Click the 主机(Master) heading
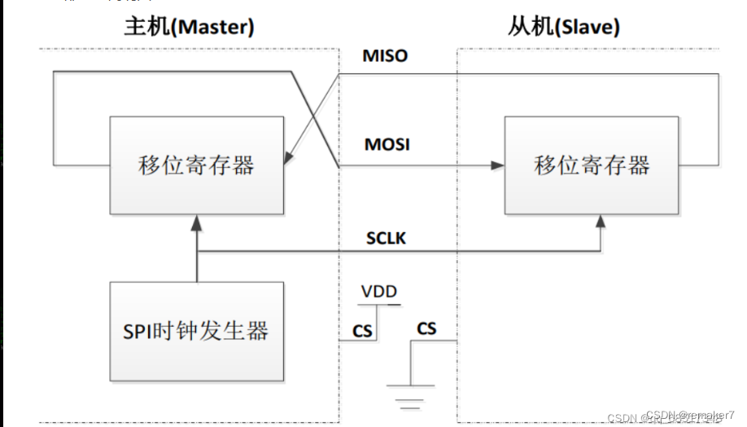tap(188, 26)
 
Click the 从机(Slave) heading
tap(563, 26)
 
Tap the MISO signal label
tap(385, 56)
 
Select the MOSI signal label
tap(387, 144)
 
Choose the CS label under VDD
tap(362, 330)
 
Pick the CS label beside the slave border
tap(426, 328)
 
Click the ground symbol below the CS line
tap(411, 391)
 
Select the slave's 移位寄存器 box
tap(592, 165)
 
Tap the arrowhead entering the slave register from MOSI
tap(497, 165)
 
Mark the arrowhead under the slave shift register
tap(601, 221)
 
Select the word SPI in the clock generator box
tap(140, 330)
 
